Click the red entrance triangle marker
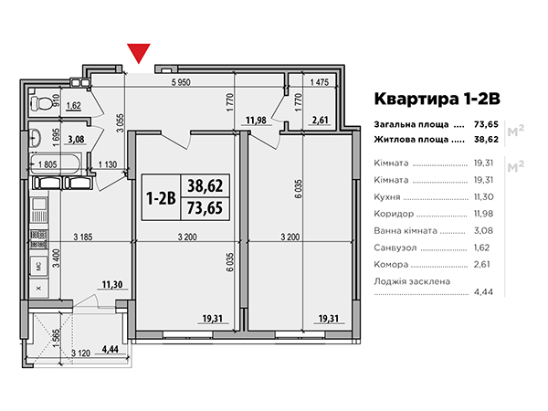point(139,53)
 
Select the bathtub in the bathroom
point(55,164)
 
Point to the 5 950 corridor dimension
point(181,82)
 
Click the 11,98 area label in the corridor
point(256,121)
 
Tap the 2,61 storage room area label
point(320,121)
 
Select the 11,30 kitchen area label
point(112,285)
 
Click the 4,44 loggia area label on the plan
point(111,349)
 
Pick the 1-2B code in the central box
point(161,198)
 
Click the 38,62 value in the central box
point(205,185)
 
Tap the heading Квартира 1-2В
point(437,99)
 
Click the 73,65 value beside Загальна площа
point(486,124)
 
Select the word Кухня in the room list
point(387,196)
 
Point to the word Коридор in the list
point(394,214)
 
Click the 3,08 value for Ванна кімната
point(483,231)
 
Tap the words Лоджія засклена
point(412,281)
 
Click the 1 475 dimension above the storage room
point(320,82)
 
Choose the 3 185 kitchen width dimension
point(83,237)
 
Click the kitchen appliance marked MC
point(38,267)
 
